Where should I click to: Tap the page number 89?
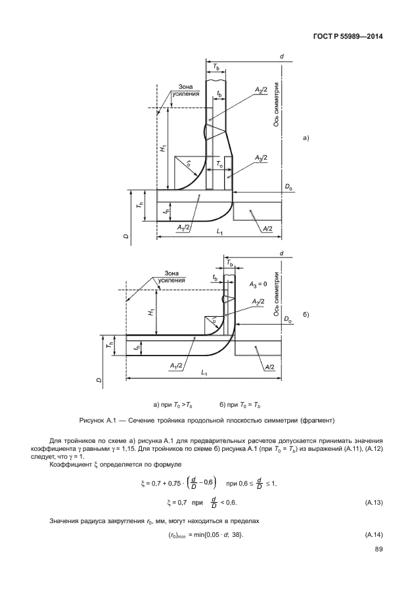tap(377, 549)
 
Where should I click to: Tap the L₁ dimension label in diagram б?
tap(204, 373)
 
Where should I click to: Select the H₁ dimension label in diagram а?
tap(163, 149)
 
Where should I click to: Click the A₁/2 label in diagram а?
tap(183, 227)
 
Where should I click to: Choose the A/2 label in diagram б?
tap(269, 367)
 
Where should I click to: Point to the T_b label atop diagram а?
tap(218, 68)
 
